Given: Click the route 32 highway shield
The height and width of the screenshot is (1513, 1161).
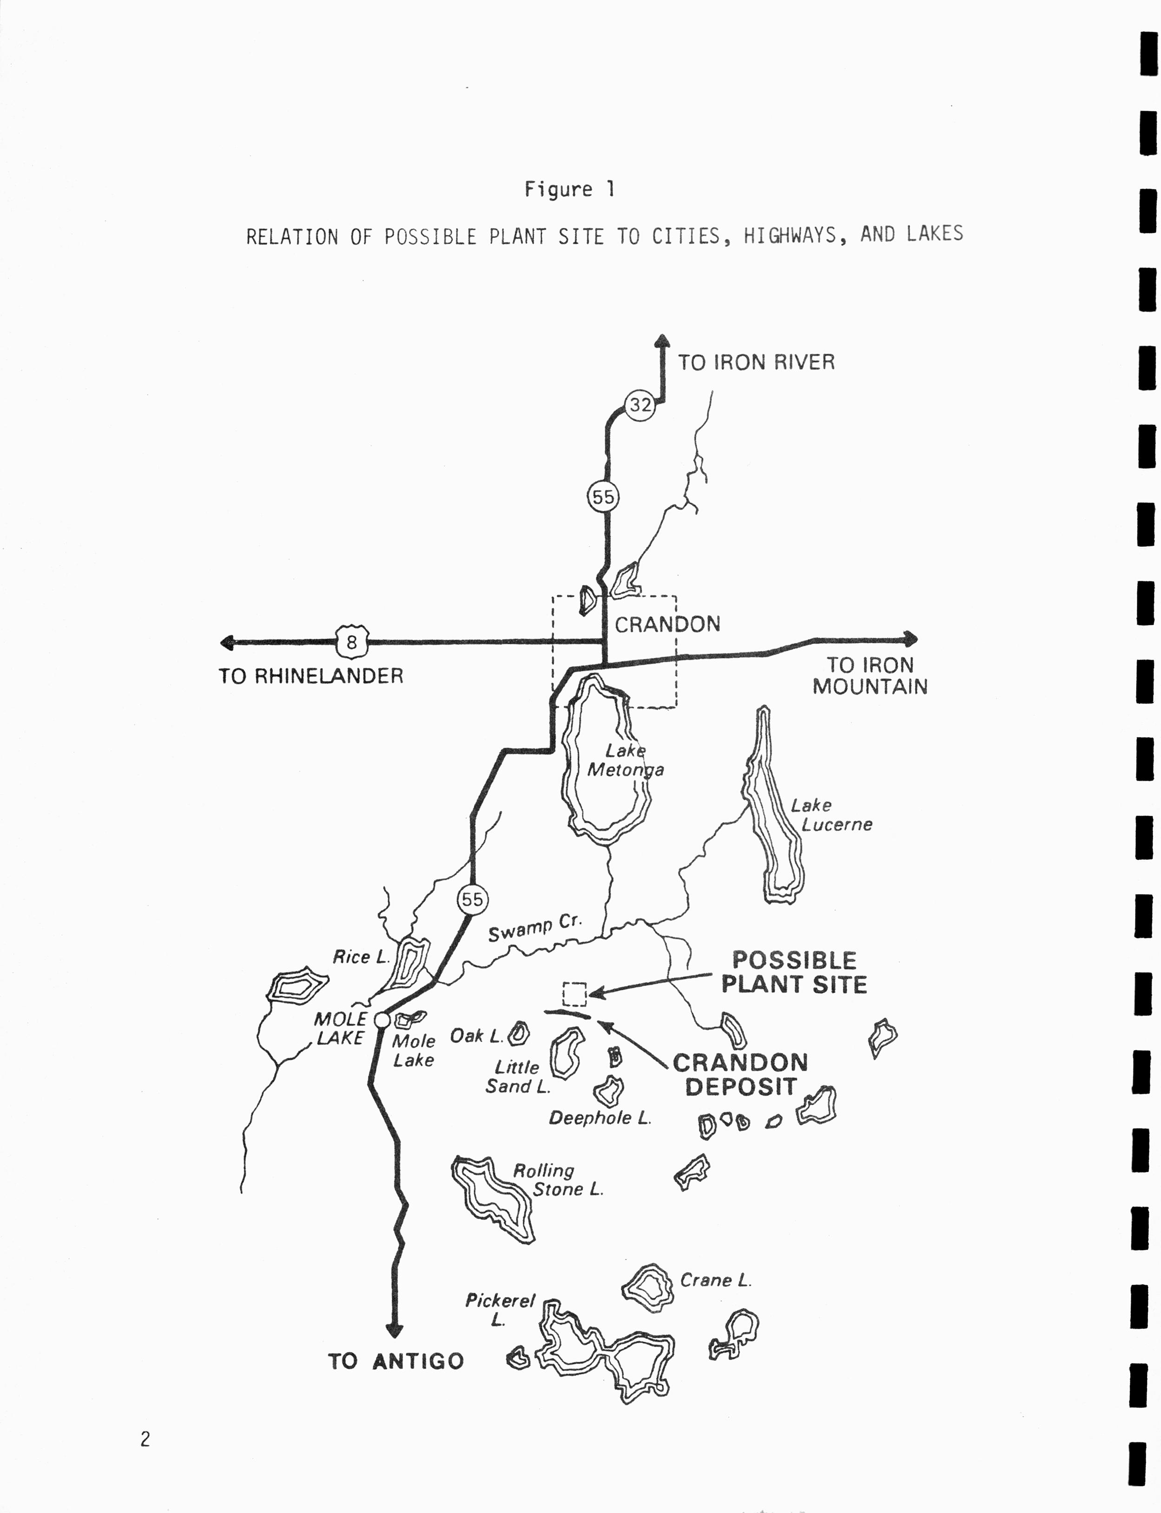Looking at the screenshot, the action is pos(640,405).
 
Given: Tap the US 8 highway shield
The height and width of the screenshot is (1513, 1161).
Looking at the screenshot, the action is pos(352,643).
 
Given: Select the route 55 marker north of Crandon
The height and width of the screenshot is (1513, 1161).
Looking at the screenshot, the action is pos(603,497).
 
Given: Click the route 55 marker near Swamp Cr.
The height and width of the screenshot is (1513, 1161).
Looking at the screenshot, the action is pos(473,899).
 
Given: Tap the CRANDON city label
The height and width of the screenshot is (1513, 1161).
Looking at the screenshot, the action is pos(667,624).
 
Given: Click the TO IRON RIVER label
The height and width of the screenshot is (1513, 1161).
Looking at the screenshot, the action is pos(756,362).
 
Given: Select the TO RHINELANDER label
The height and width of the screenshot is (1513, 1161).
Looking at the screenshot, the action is pos(311,676).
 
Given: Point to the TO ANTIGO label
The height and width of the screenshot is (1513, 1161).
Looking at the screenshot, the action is pos(396,1361).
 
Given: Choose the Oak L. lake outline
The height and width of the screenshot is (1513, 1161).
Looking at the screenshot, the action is pos(519,1034).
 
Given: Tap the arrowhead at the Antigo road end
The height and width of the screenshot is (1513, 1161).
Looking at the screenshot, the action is pos(395,1331).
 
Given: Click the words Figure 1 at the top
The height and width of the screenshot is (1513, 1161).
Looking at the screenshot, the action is pos(569,189).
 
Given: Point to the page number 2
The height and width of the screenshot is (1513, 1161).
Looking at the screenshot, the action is pos(145,1439).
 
